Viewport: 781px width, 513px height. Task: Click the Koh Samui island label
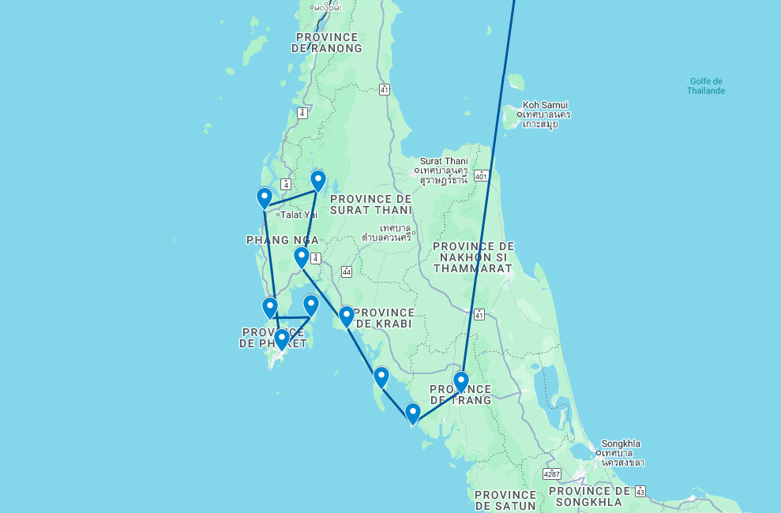tap(545, 105)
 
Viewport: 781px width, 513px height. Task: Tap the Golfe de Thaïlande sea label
tap(707, 86)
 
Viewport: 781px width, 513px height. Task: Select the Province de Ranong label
tap(326, 43)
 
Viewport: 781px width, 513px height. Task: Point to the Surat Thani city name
tap(444, 161)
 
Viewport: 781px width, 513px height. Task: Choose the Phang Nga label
tap(282, 240)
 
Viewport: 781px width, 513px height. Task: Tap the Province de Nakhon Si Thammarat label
tap(474, 257)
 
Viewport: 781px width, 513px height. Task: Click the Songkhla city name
tap(621, 444)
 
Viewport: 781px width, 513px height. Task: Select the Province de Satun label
tap(505, 500)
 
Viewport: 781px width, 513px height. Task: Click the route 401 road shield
tap(481, 175)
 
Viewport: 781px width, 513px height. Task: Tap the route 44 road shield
tap(347, 271)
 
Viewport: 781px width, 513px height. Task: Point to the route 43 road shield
tap(640, 490)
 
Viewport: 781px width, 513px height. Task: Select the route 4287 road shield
tap(552, 474)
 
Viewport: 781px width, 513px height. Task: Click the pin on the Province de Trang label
tap(461, 382)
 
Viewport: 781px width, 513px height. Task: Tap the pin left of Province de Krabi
tap(346, 316)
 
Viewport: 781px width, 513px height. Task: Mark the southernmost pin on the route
tap(412, 413)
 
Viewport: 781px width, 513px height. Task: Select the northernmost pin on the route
tap(317, 181)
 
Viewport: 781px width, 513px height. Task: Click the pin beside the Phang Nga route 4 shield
tap(301, 257)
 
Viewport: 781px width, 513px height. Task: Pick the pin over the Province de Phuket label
tap(281, 339)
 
